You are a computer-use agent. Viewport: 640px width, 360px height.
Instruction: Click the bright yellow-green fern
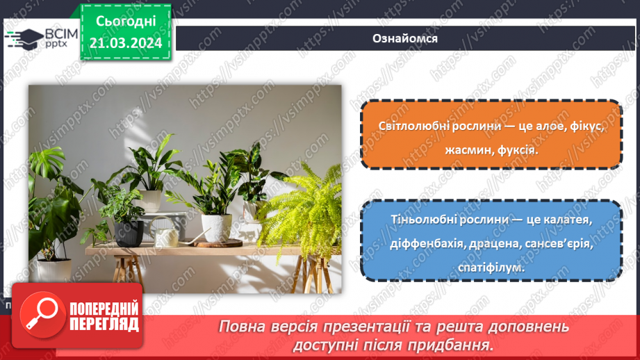click(300, 208)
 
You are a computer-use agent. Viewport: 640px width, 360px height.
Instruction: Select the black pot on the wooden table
click(129, 233)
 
